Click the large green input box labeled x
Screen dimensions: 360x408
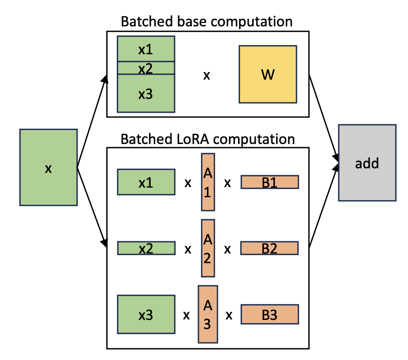[x=48, y=167]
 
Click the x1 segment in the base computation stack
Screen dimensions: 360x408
[x=146, y=49]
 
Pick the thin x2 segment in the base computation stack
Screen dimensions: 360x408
[x=146, y=68]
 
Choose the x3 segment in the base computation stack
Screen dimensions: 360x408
[x=146, y=93]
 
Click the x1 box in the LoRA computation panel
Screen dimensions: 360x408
[x=146, y=182]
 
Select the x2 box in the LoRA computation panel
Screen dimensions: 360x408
[x=146, y=248]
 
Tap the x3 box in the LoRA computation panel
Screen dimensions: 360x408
[x=146, y=314]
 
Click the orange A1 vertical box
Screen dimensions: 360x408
[x=208, y=181]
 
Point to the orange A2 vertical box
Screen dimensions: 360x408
[x=208, y=248]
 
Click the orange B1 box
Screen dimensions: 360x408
[x=269, y=182]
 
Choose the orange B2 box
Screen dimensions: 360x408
[x=269, y=248]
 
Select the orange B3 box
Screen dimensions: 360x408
[x=269, y=314]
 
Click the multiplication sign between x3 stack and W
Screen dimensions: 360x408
[x=207, y=76]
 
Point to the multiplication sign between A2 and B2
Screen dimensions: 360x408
[x=228, y=249]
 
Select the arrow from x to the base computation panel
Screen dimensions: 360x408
[x=91, y=122]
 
